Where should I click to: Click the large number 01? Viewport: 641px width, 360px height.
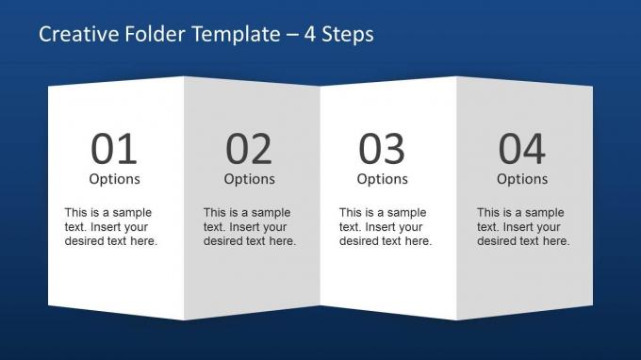point(114,149)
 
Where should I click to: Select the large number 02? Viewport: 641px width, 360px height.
point(249,149)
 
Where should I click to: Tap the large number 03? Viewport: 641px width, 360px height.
point(382,149)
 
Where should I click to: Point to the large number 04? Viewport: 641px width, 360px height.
point(521,149)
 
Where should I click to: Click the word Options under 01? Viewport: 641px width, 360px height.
point(114,179)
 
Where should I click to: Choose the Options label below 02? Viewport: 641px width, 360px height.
point(249,179)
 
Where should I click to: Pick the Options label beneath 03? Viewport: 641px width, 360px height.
point(382,179)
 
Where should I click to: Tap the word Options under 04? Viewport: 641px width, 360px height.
point(521,179)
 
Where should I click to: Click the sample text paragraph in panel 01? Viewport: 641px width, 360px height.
point(110,227)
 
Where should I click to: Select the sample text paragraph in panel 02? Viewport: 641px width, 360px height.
point(249,227)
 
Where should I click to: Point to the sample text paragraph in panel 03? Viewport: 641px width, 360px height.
point(385,227)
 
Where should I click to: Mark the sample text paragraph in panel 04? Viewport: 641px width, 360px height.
point(522,227)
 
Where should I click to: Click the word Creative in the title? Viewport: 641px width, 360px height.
point(74,35)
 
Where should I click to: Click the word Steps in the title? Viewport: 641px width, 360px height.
point(349,35)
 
